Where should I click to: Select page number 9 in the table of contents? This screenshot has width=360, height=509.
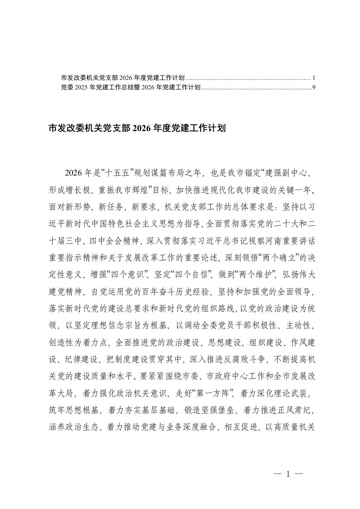(x=314, y=86)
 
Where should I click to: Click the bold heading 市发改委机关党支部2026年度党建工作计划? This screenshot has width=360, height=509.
(x=137, y=128)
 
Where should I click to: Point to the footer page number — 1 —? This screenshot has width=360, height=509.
(x=288, y=475)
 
